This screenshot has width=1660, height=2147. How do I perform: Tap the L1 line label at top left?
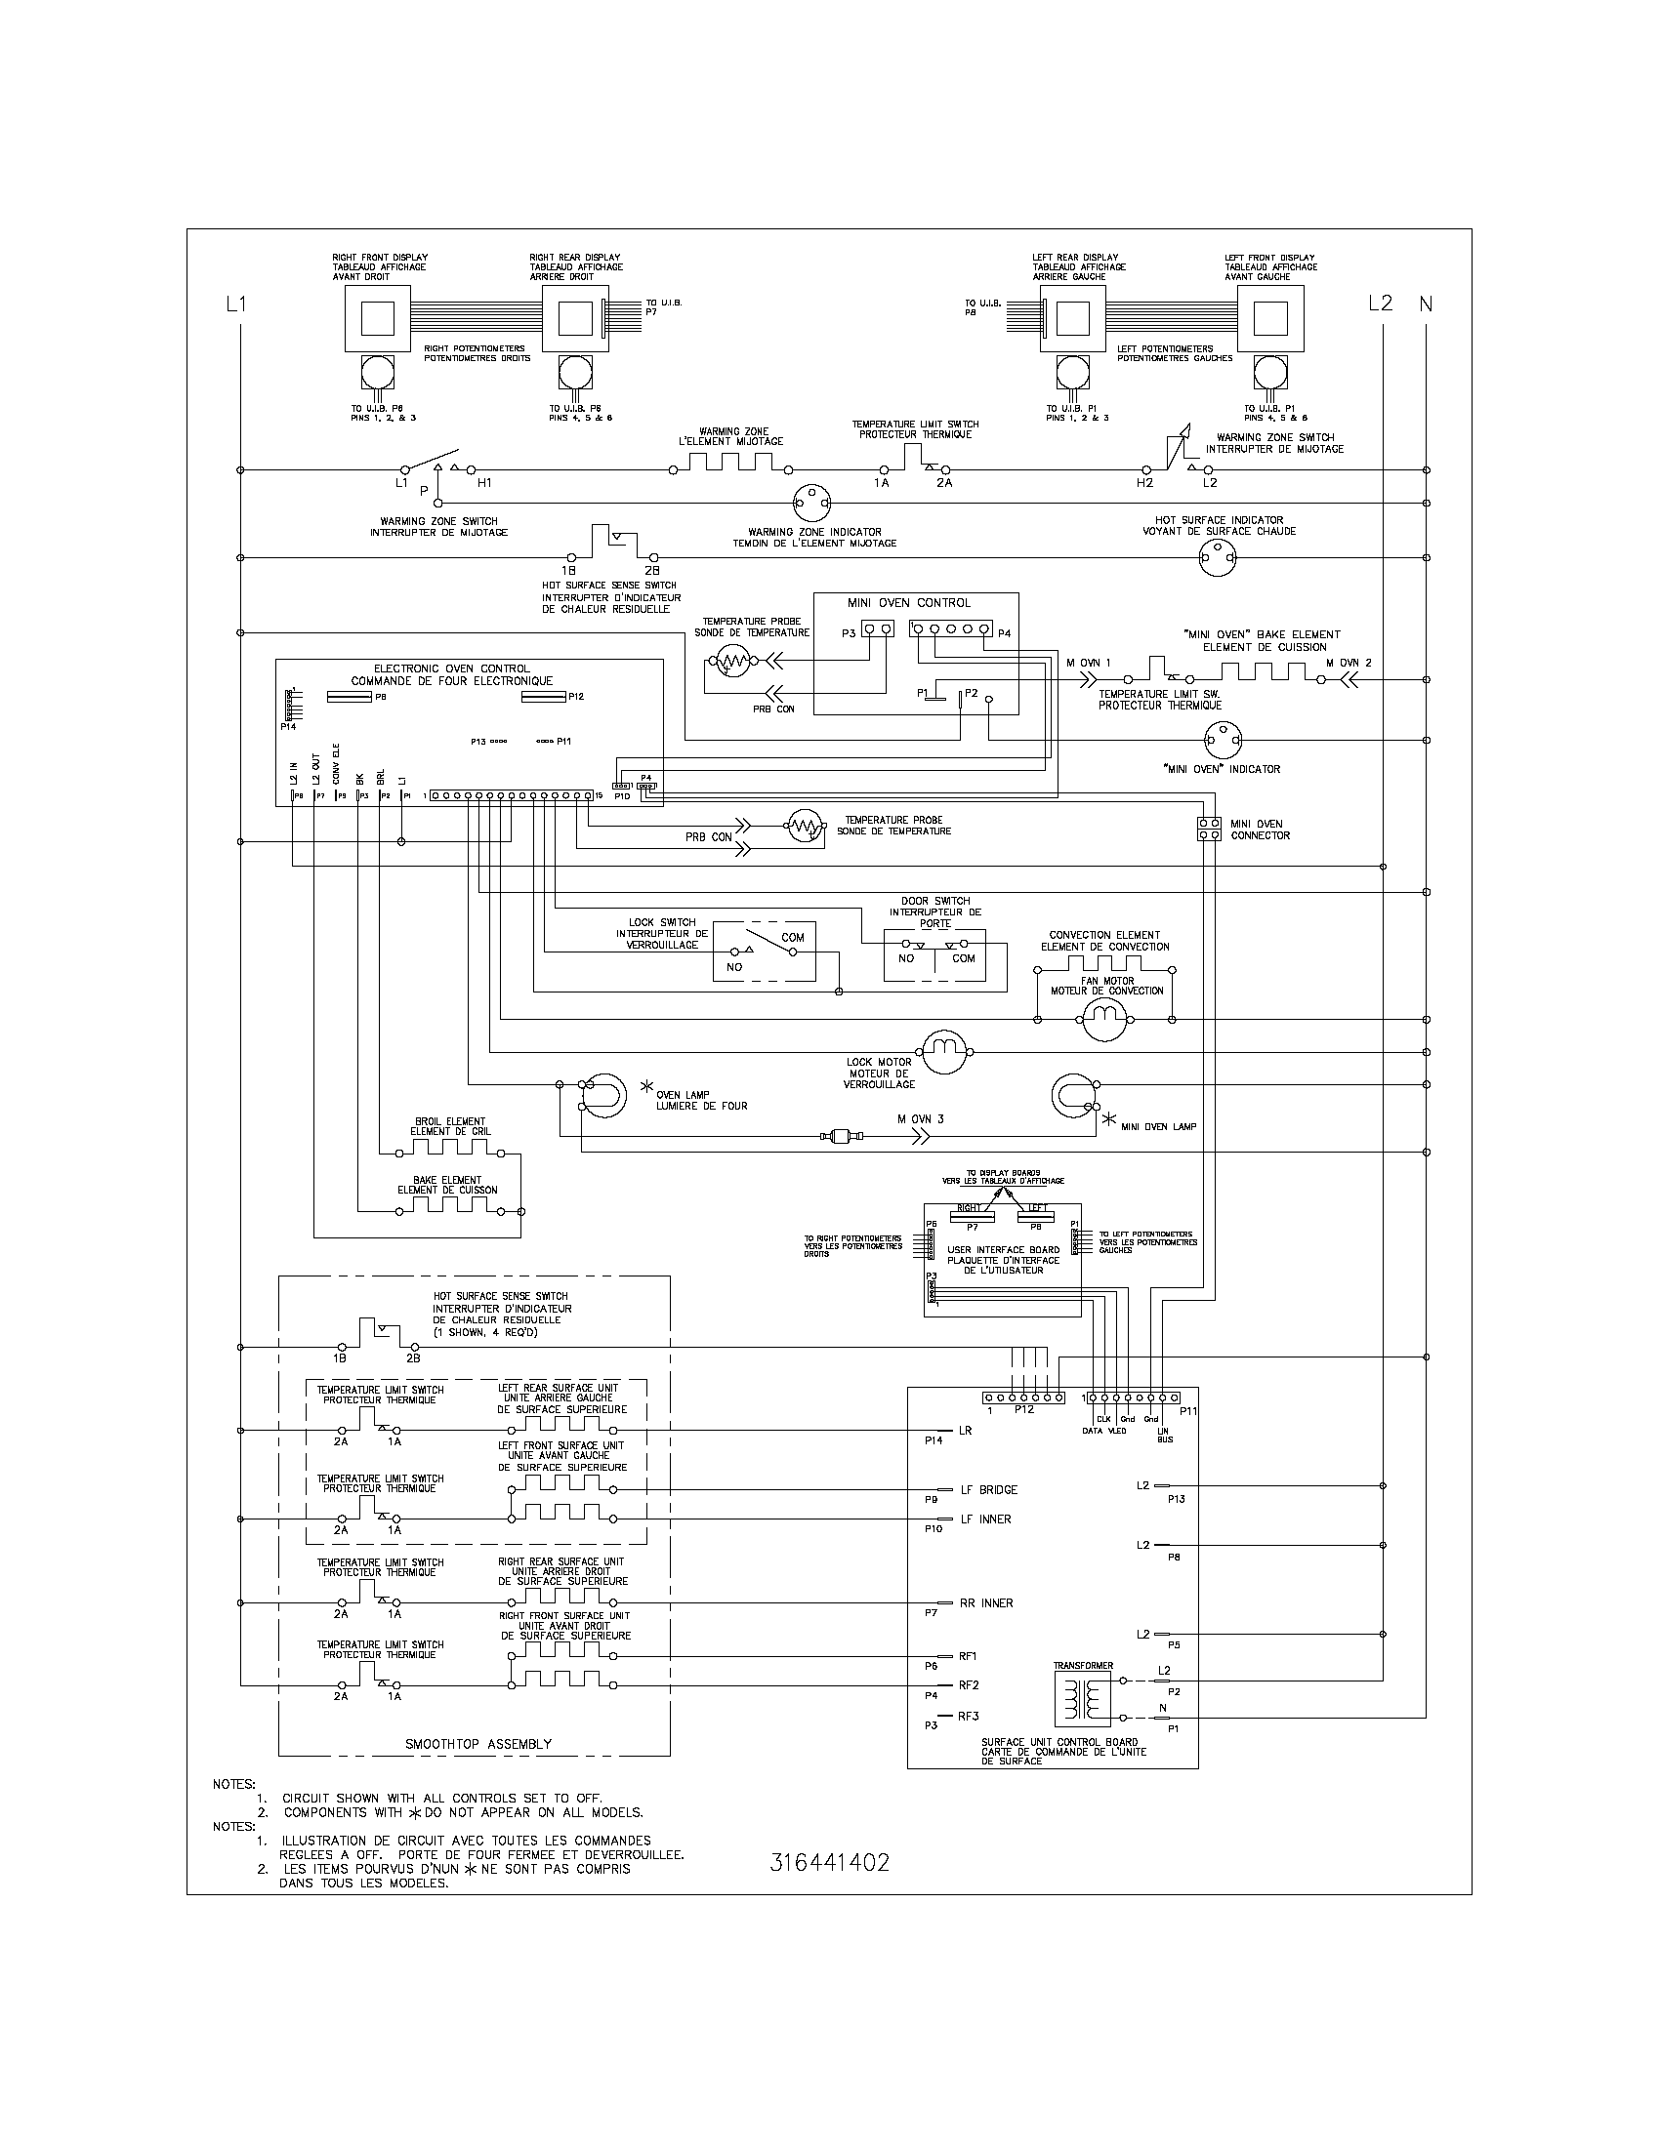pyautogui.click(x=236, y=304)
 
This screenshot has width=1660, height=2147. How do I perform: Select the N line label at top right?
pyautogui.click(x=1426, y=304)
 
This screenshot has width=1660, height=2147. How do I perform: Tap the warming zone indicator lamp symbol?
pyautogui.click(x=812, y=504)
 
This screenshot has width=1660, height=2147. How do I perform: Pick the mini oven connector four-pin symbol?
pyautogui.click(x=1210, y=829)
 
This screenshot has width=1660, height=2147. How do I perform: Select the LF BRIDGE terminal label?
pyautogui.click(x=988, y=1489)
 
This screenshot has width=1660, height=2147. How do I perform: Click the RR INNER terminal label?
pyautogui.click(x=986, y=1603)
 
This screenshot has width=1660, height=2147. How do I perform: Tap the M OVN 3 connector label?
pyautogui.click(x=920, y=1118)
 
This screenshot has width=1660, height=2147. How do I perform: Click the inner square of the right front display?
pyautogui.click(x=378, y=319)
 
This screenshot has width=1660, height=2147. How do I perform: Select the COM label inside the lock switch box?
pyautogui.click(x=793, y=938)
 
